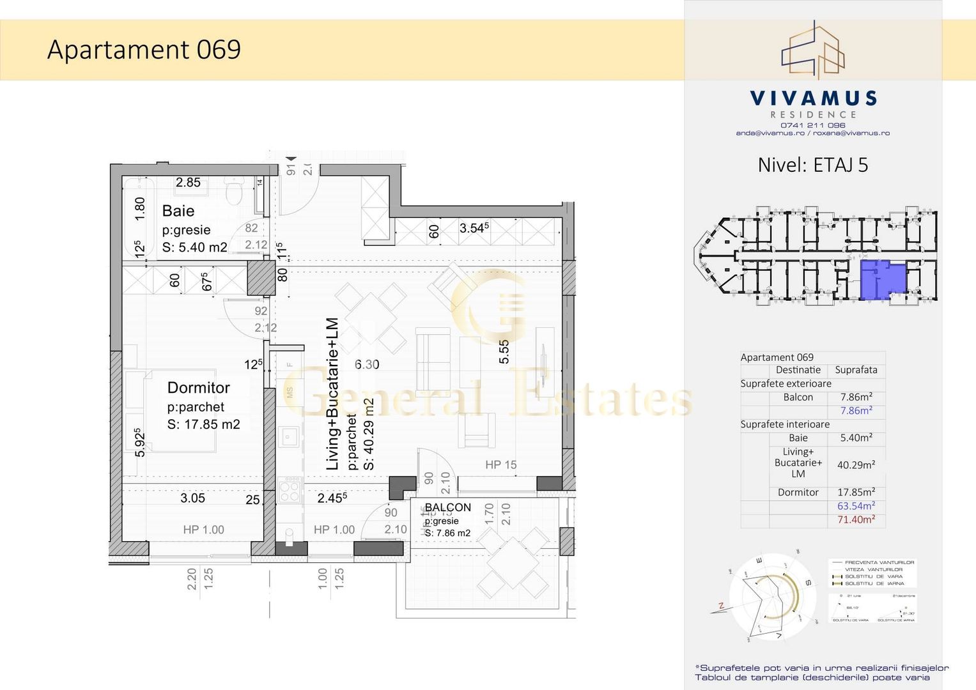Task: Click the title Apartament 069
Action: [x=144, y=50]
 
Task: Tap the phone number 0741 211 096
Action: [x=812, y=125]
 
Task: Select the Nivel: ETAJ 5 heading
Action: [x=812, y=165]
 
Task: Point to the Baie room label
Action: [x=178, y=211]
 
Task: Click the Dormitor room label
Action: [x=198, y=388]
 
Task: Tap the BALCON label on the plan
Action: [x=447, y=507]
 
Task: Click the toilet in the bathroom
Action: [x=235, y=190]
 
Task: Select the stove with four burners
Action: [x=290, y=492]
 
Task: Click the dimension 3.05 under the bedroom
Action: [x=192, y=498]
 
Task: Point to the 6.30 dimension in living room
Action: [x=367, y=365]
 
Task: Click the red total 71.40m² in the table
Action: [x=856, y=519]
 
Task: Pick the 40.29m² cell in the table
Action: [x=856, y=465]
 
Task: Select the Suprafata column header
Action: [x=856, y=370]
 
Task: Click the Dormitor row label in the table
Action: [x=798, y=493]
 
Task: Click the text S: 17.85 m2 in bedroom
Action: [x=203, y=425]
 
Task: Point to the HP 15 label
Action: [x=500, y=465]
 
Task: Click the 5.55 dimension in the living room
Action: [x=504, y=352]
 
